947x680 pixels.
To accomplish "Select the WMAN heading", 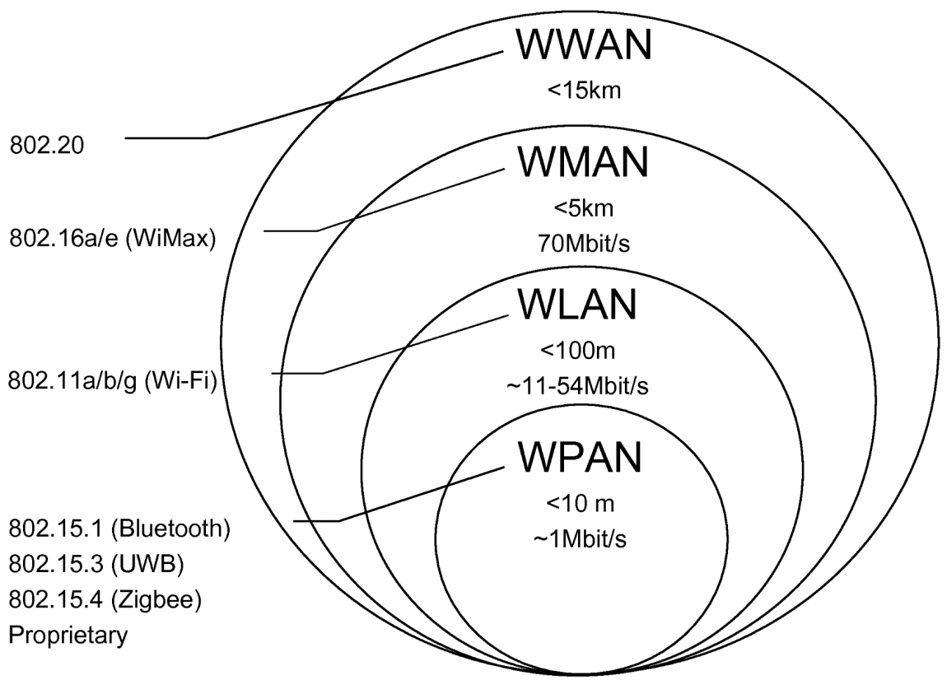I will [x=584, y=162].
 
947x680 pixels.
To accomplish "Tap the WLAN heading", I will [x=577, y=305].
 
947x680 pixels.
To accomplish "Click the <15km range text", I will [x=584, y=90].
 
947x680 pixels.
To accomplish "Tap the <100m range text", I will [x=577, y=352].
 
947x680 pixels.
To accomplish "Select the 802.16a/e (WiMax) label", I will [x=111, y=239].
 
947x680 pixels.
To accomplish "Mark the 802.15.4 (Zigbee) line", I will [x=105, y=599].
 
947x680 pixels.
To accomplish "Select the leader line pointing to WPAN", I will [x=420, y=494].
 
